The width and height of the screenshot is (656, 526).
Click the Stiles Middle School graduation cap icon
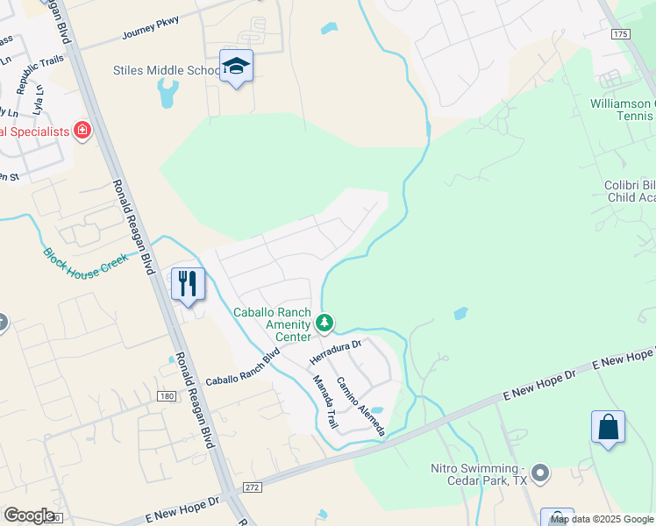click(x=236, y=67)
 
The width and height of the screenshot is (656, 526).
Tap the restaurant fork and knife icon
click(x=188, y=283)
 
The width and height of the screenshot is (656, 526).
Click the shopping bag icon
click(x=608, y=428)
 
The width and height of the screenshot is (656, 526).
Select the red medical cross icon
click(x=82, y=131)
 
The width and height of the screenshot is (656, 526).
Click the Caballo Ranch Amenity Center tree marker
click(x=325, y=323)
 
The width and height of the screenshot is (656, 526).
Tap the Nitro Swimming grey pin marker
click(x=540, y=474)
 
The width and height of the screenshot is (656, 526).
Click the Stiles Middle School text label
click(x=168, y=70)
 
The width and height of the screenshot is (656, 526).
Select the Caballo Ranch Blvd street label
click(x=242, y=368)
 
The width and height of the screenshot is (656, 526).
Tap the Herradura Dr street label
click(x=335, y=353)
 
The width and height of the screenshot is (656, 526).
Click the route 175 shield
click(x=620, y=33)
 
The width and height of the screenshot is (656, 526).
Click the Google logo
click(x=29, y=515)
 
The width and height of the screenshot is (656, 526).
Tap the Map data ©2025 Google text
click(x=602, y=519)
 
